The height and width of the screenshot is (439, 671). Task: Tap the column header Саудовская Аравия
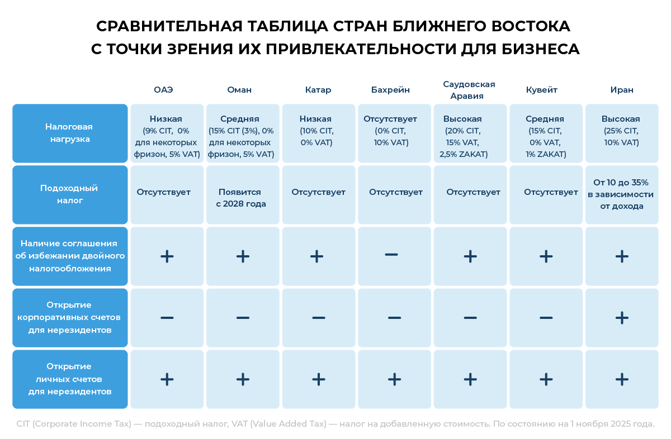[x=469, y=90]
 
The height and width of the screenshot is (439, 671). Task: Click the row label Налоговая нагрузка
[x=70, y=133]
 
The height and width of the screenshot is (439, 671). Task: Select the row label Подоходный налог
[x=70, y=194]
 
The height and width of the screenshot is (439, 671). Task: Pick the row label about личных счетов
[x=70, y=379]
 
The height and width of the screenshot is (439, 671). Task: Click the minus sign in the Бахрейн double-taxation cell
[x=391, y=255]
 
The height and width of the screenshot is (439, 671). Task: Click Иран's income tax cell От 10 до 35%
[x=621, y=194]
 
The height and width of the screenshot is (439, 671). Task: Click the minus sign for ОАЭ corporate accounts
[x=167, y=318]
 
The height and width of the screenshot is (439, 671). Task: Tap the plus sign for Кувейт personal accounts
[x=546, y=379]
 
